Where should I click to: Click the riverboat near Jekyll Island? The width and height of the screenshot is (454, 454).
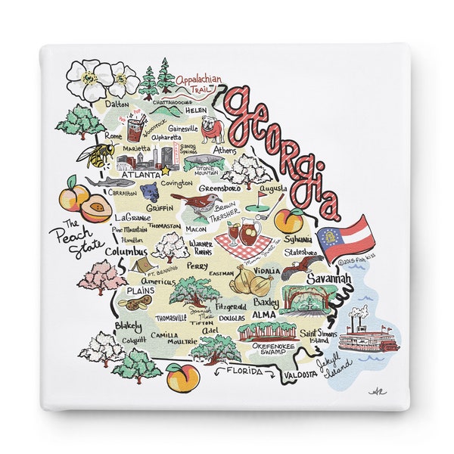(x=368, y=331)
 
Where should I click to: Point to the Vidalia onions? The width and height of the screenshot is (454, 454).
(x=250, y=282)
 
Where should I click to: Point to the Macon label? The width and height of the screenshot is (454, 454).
(x=196, y=229)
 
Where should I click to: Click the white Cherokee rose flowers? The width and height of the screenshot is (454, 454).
(x=101, y=78)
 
